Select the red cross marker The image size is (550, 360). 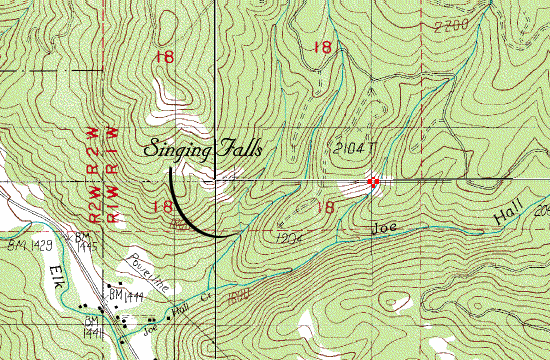click(373, 182)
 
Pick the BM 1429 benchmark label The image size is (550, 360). click(27, 243)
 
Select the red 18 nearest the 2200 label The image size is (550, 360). click(322, 46)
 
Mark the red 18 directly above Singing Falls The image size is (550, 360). click(165, 57)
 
